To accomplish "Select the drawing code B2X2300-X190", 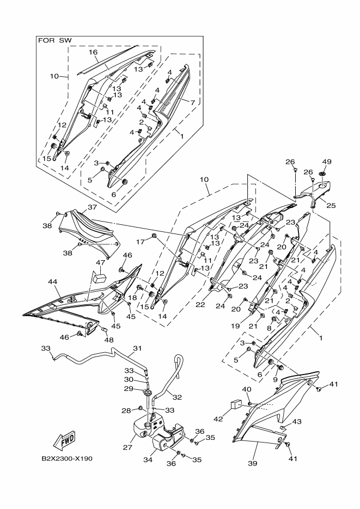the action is pyautogui.click(x=67, y=459).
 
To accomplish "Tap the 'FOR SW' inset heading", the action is pyautogui.click(x=55, y=41).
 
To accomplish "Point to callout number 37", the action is pyautogui.click(x=92, y=207).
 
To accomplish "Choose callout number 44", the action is pyautogui.click(x=53, y=283).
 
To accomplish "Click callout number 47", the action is pyautogui.click(x=100, y=262).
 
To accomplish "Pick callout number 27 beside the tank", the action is pyautogui.click(x=127, y=447).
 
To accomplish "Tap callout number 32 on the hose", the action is pyautogui.click(x=177, y=397).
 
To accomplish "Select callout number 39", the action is pyautogui.click(x=253, y=463).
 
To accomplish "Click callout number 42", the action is pyautogui.click(x=218, y=419).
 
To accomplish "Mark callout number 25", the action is pyautogui.click(x=332, y=205).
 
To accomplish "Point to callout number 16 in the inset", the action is pyautogui.click(x=93, y=52).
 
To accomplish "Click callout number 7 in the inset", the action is pyautogui.click(x=192, y=102).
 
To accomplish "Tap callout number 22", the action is pyautogui.click(x=200, y=304).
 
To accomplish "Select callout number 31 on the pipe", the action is pyautogui.click(x=137, y=348).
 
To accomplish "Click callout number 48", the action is pyautogui.click(x=109, y=340).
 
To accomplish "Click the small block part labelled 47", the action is pyautogui.click(x=100, y=278).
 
